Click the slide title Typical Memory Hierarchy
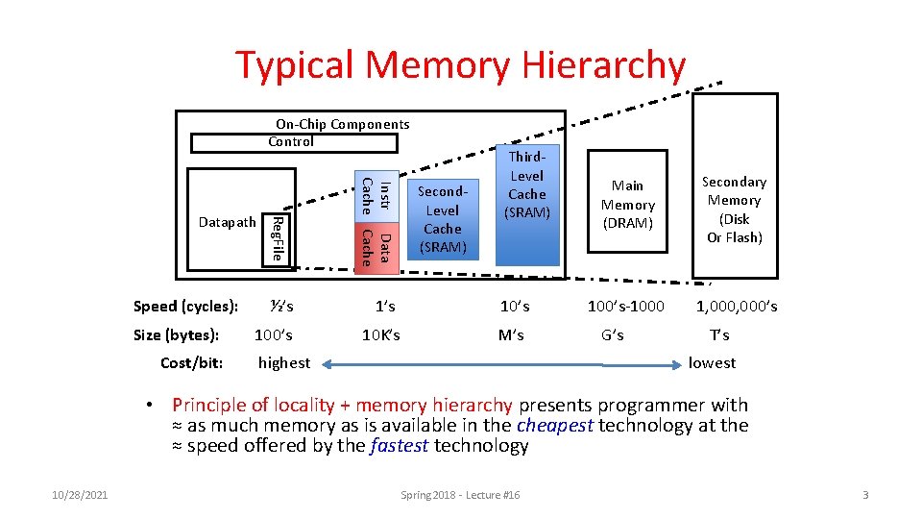(x=461, y=65)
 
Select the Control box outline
(x=293, y=142)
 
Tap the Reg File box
(x=276, y=239)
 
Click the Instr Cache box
(x=376, y=193)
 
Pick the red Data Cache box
(x=376, y=246)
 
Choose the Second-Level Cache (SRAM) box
(x=443, y=220)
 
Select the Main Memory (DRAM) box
(x=627, y=204)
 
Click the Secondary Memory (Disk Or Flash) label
(x=735, y=210)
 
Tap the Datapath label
(x=228, y=222)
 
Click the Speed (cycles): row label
(x=185, y=307)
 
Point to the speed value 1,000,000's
(x=737, y=307)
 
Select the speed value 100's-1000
(x=626, y=307)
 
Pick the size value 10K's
(x=381, y=335)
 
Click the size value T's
(x=719, y=335)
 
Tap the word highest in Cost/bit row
(x=284, y=363)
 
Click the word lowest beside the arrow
(x=712, y=363)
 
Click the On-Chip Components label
(x=342, y=124)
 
